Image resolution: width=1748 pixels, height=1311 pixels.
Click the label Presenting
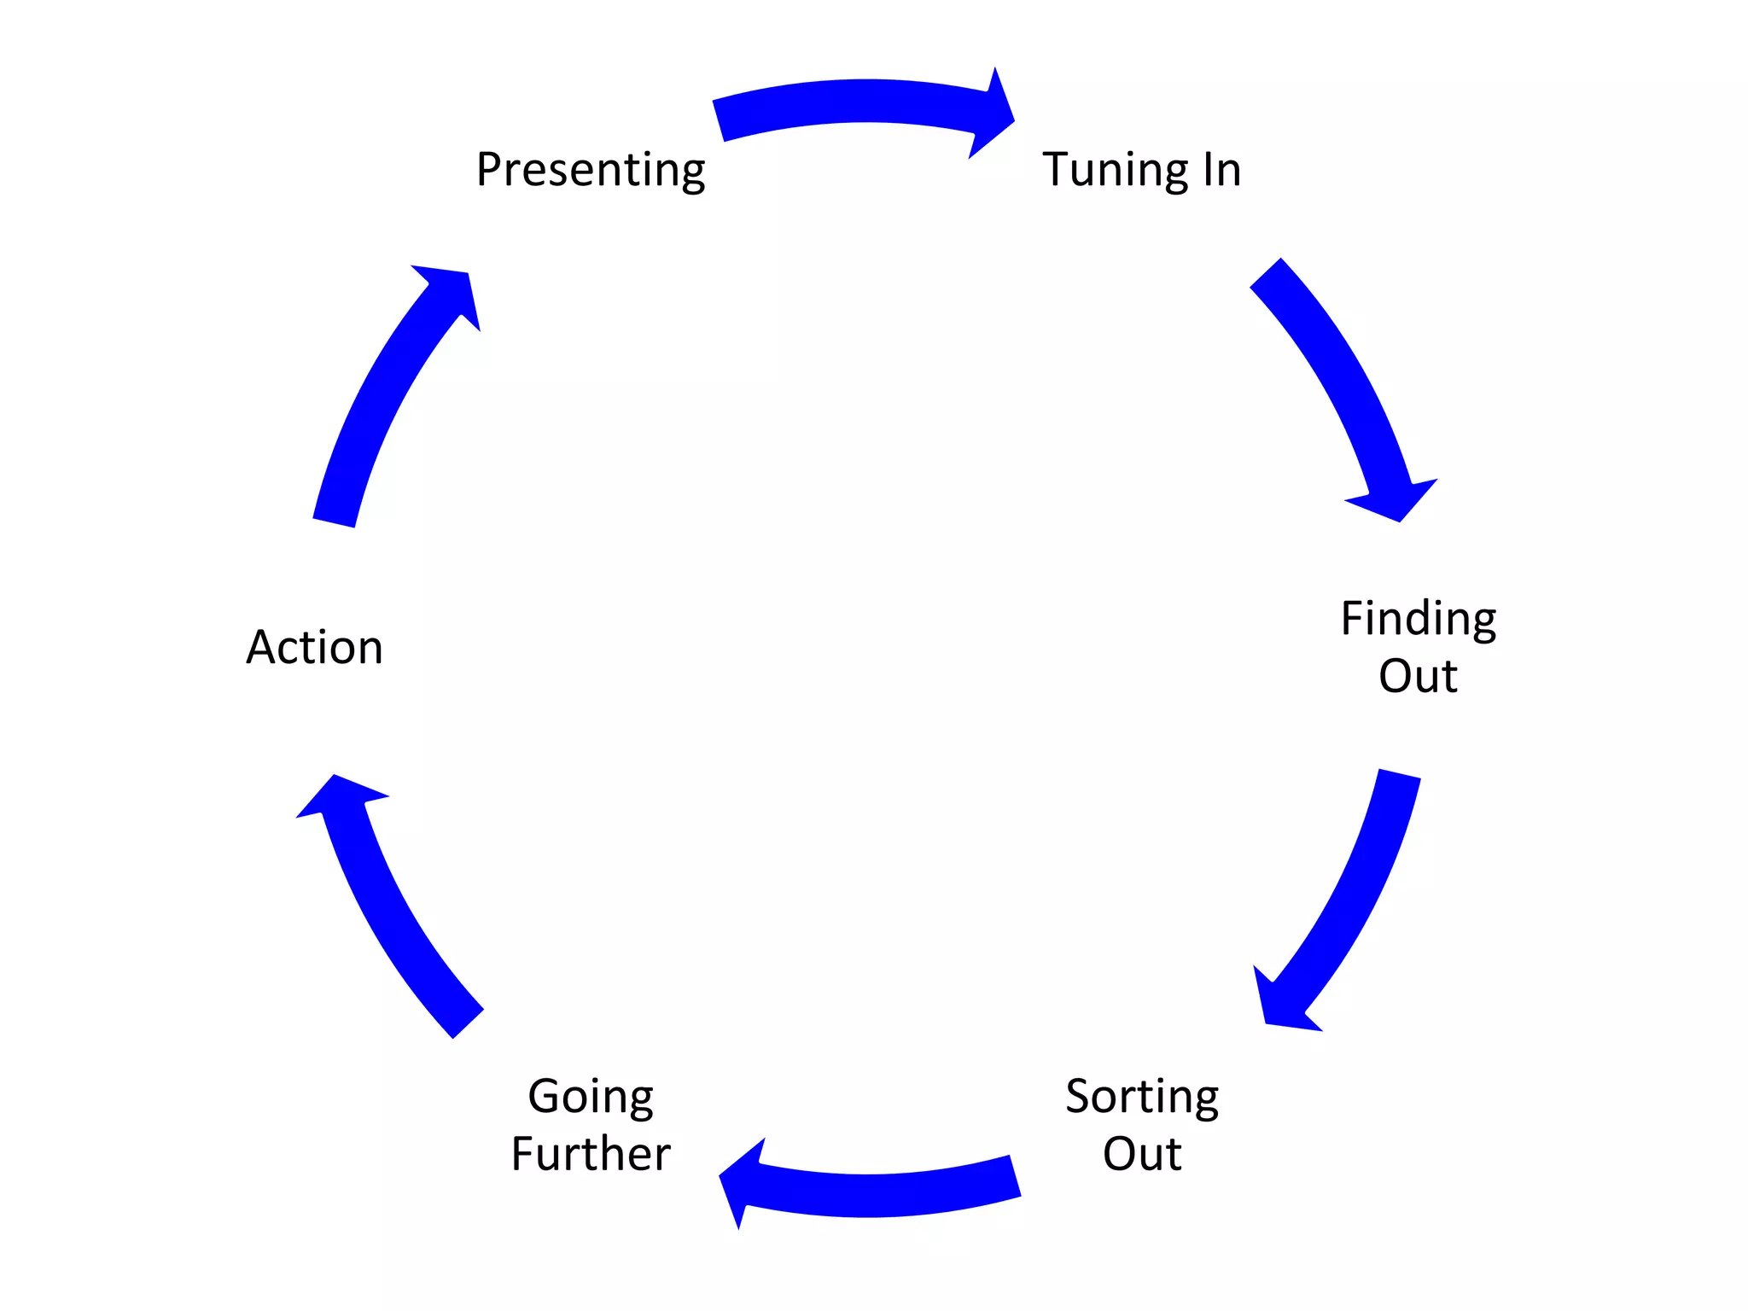coord(591,170)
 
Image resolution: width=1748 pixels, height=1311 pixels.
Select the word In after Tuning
coord(1221,169)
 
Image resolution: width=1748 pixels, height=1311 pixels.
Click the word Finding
coord(1418,619)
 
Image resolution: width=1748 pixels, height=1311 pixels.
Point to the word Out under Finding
coord(1418,676)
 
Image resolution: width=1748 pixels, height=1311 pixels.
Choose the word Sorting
coord(1142,1097)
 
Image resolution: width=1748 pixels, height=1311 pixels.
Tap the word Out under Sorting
coord(1142,1154)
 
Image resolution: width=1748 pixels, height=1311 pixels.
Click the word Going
coord(591,1097)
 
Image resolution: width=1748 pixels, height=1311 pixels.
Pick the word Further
coord(591,1154)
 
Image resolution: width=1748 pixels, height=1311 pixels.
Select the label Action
coord(314,647)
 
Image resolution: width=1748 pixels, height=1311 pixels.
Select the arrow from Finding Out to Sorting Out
coord(1349,896)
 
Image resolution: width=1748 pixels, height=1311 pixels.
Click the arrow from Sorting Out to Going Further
coord(879,1194)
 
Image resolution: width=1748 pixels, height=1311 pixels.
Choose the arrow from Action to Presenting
coord(384,393)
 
